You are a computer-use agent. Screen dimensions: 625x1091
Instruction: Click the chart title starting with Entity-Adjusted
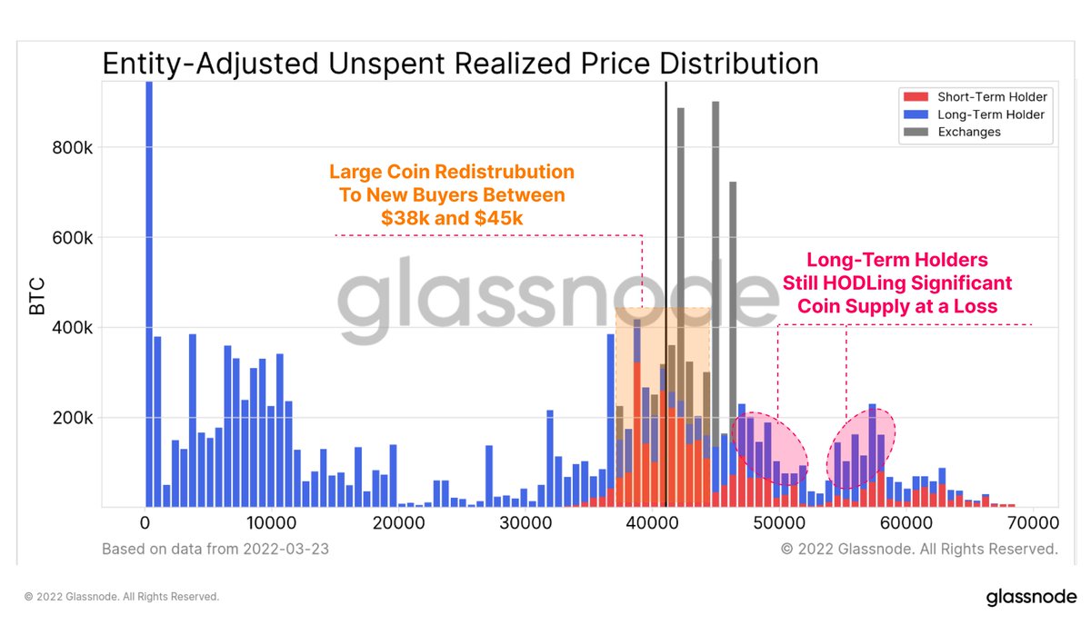click(460, 64)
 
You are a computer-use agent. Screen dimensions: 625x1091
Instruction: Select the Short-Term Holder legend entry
click(991, 97)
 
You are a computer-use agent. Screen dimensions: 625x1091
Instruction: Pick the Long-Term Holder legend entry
click(990, 114)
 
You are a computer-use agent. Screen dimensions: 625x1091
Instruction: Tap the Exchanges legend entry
click(968, 132)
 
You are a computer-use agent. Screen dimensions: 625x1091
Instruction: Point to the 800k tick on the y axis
click(69, 148)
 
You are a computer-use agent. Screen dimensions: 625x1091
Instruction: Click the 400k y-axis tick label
click(69, 328)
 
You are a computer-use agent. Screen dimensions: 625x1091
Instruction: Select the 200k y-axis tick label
click(69, 418)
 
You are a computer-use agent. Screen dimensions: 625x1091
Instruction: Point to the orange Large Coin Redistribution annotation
click(451, 195)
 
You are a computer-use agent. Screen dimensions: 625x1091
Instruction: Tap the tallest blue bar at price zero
click(149, 291)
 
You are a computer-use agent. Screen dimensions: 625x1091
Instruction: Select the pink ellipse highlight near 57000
click(860, 448)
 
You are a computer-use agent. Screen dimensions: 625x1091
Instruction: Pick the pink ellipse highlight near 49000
click(769, 447)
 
